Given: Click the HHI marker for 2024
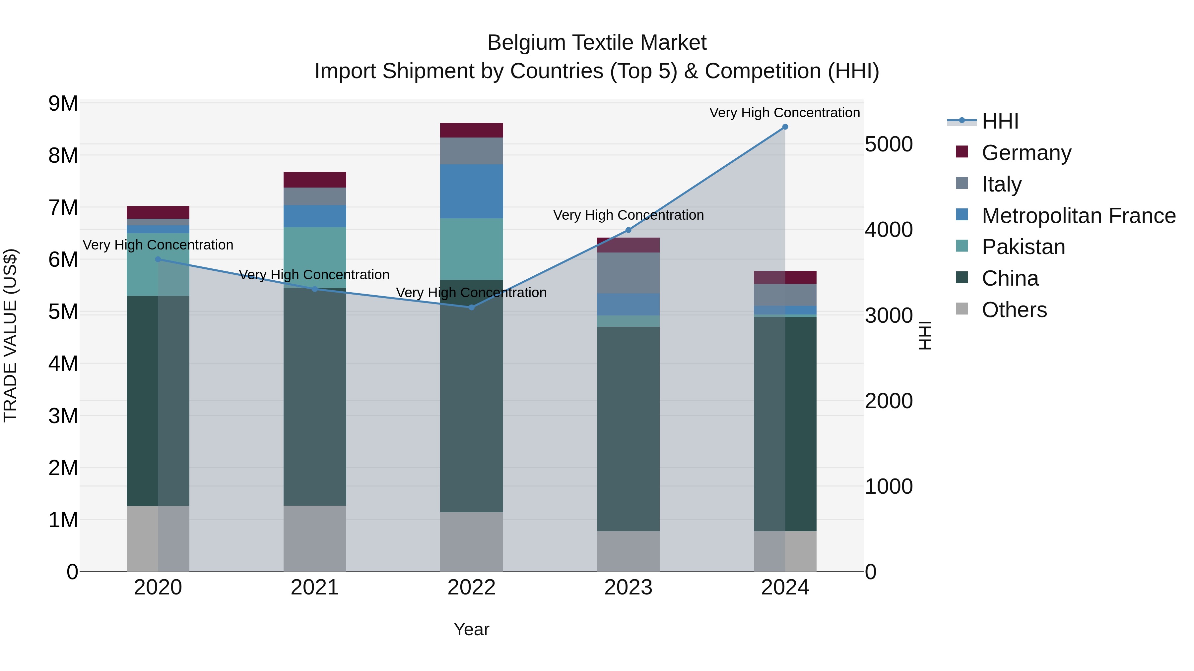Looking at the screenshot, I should [x=785, y=127].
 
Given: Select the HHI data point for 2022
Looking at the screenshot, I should [x=471, y=308].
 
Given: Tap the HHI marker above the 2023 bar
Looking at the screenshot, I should [x=628, y=230].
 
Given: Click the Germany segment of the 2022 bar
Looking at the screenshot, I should [x=471, y=130].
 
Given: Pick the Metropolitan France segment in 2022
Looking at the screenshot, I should [x=471, y=191].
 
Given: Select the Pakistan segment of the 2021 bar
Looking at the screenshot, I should [x=315, y=257].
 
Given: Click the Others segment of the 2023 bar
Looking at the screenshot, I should [x=628, y=551].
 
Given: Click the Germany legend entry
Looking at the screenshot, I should [x=1026, y=153].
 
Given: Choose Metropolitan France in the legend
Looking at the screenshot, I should [x=1078, y=216].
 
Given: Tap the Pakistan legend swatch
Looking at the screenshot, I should [x=962, y=247].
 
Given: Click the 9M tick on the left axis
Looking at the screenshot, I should [x=63, y=103].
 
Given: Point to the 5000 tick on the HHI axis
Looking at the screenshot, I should [x=889, y=144].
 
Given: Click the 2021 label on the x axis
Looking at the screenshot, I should [x=315, y=587].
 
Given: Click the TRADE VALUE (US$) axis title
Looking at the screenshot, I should [x=10, y=335].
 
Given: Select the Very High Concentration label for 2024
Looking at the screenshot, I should [x=784, y=113].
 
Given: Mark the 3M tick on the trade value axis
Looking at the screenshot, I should [x=63, y=416].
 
